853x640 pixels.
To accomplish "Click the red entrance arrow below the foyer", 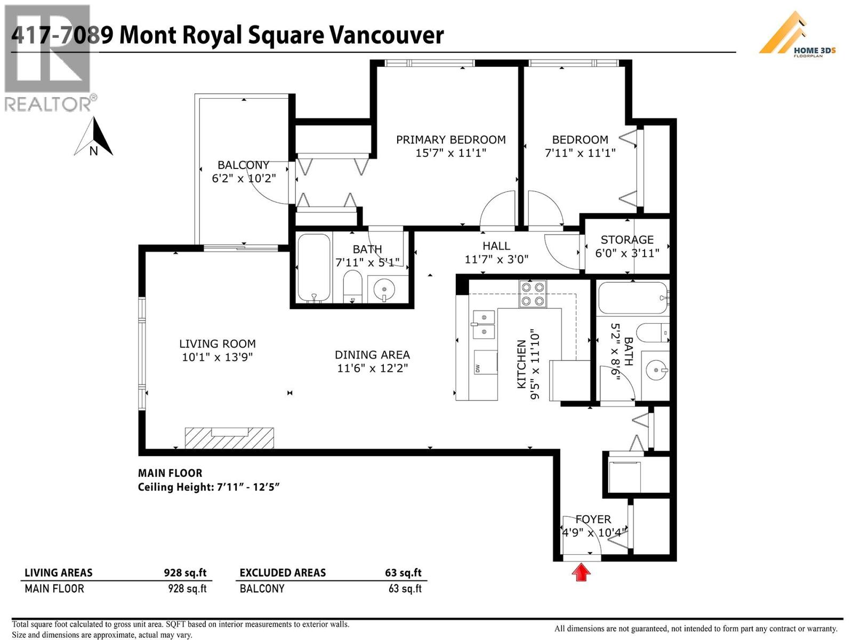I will pyautogui.click(x=581, y=573).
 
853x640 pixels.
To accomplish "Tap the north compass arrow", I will pyautogui.click(x=94, y=138).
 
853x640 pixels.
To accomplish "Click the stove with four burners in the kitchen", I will pyautogui.click(x=533, y=294).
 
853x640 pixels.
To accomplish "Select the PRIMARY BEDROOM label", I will pyautogui.click(x=450, y=140).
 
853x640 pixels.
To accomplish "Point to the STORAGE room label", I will pyautogui.click(x=627, y=240).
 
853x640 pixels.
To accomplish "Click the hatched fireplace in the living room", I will pyautogui.click(x=229, y=438).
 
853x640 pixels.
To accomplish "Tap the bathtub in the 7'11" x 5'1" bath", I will pyautogui.click(x=313, y=268).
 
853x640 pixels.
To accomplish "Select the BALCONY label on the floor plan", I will pyautogui.click(x=243, y=165).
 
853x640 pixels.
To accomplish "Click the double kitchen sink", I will pyautogui.click(x=483, y=324).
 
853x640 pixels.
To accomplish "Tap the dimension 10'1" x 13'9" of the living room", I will pyautogui.click(x=217, y=357).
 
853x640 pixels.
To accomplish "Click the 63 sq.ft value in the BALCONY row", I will pyautogui.click(x=405, y=589).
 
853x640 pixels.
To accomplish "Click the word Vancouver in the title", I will pyautogui.click(x=387, y=35).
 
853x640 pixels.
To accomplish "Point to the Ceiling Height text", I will pyautogui.click(x=208, y=487).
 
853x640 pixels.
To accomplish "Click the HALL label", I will pyautogui.click(x=496, y=246).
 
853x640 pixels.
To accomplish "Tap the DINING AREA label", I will pyautogui.click(x=372, y=355).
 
